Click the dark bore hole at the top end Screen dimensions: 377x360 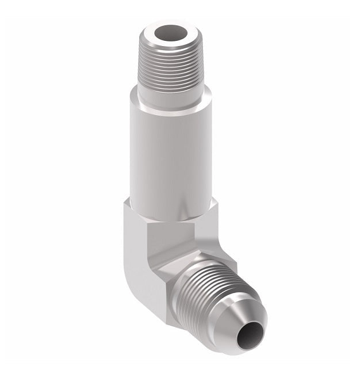pyautogui.click(x=170, y=32)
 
